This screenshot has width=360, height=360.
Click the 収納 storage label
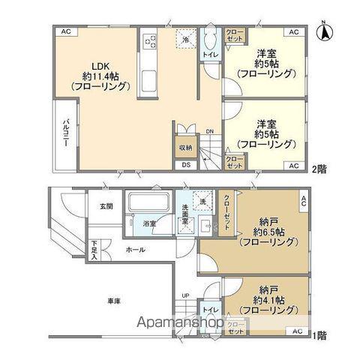(x=184, y=147)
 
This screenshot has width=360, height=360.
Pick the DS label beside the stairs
(x=185, y=165)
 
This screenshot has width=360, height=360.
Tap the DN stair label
(x=209, y=130)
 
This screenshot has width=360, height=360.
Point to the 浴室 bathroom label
(x=150, y=223)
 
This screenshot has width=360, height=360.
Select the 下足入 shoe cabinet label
(x=94, y=249)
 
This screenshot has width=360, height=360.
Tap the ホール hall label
(x=135, y=250)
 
